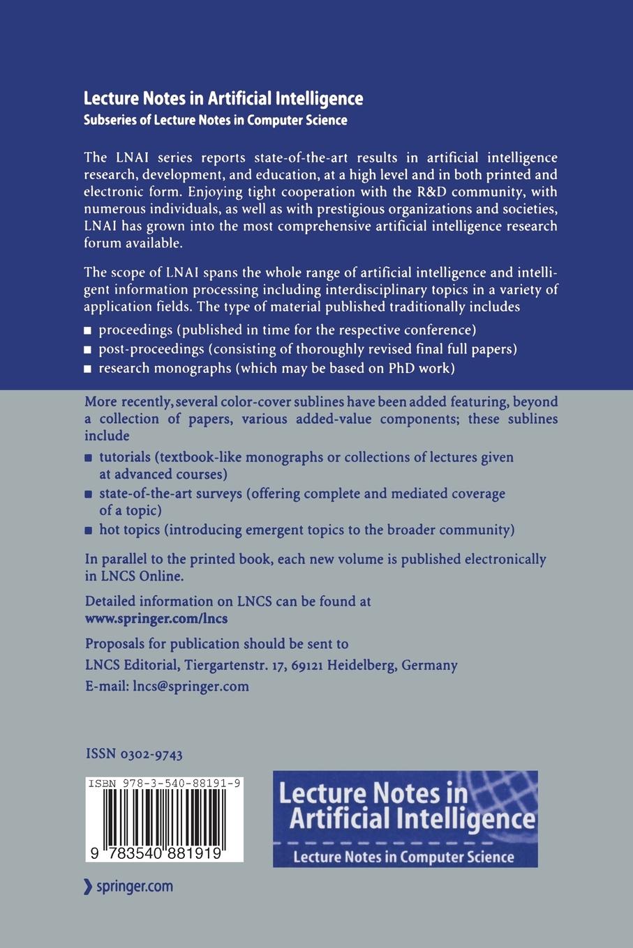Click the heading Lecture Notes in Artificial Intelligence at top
click(223, 98)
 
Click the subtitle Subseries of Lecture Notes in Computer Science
click(215, 120)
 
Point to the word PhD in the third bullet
click(401, 368)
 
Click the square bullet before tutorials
click(88, 459)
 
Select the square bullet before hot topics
click(88, 530)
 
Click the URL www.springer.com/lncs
click(156, 618)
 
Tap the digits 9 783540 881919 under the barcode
click(164, 853)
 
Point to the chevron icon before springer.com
click(88, 887)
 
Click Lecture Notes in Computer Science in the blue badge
click(403, 857)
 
